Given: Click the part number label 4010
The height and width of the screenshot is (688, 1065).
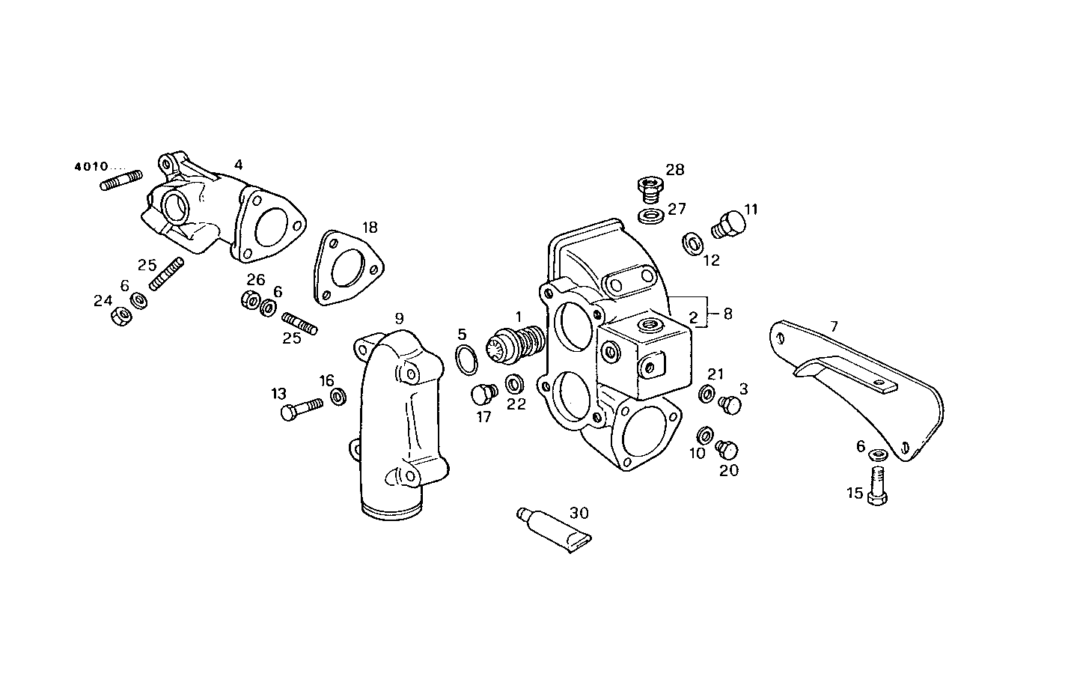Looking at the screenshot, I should click(91, 166).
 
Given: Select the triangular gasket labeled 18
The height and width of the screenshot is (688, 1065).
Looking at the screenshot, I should click(347, 268).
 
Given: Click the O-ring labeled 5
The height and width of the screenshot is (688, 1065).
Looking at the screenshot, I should click(467, 359).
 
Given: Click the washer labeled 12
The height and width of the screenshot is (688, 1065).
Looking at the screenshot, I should click(692, 243).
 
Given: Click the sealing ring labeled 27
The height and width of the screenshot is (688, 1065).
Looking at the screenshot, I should click(650, 217).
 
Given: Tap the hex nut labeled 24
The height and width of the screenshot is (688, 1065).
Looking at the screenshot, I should click(119, 316).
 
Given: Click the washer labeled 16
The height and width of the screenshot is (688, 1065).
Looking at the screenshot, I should click(338, 396).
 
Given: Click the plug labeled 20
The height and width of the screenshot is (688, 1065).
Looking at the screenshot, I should click(726, 449).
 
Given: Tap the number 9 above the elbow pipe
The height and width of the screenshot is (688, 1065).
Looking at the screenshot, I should click(400, 317).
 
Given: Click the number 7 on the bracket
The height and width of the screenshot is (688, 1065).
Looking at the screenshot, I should click(834, 326).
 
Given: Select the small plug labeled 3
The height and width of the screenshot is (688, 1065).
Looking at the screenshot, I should click(729, 405).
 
